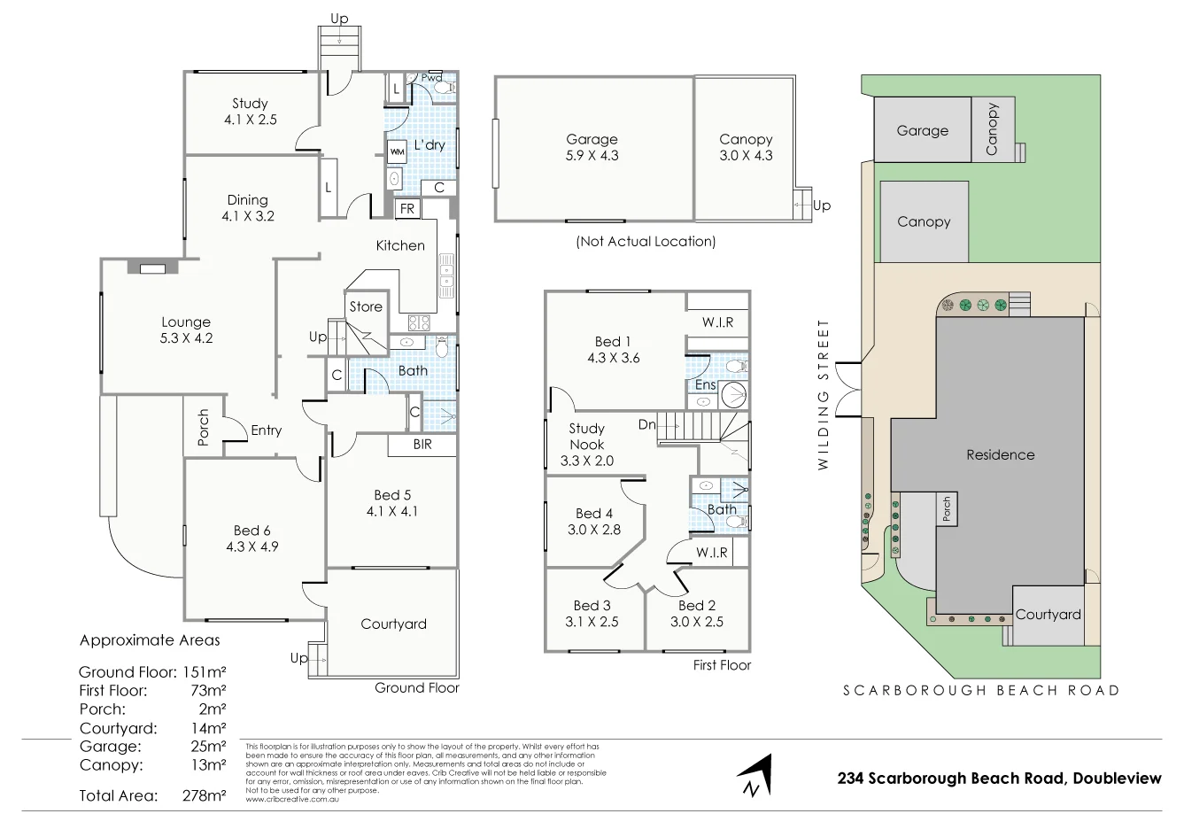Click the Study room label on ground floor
250,104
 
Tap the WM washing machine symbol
397,151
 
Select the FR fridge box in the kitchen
407,209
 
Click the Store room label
366,306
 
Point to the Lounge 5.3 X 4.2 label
186,329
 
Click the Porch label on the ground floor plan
203,427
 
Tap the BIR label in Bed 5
422,445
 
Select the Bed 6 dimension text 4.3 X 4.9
252,546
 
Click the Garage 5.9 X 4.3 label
592,147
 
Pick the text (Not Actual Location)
645,241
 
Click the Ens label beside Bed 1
705,385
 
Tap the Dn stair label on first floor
647,425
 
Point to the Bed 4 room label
593,514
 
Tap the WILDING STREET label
824,394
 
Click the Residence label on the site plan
1000,454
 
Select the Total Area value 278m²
203,795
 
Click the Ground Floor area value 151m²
203,671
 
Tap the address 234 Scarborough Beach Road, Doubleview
999,779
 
